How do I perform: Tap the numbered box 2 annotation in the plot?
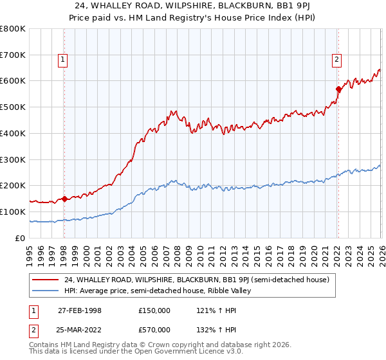click(336, 60)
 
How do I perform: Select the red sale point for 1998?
click(64, 199)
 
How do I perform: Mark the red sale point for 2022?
click(338, 89)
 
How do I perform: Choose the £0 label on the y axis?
click(21, 238)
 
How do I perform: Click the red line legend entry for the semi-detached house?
click(196, 280)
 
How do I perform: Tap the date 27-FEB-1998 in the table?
click(80, 310)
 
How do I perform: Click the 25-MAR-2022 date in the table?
click(80, 330)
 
